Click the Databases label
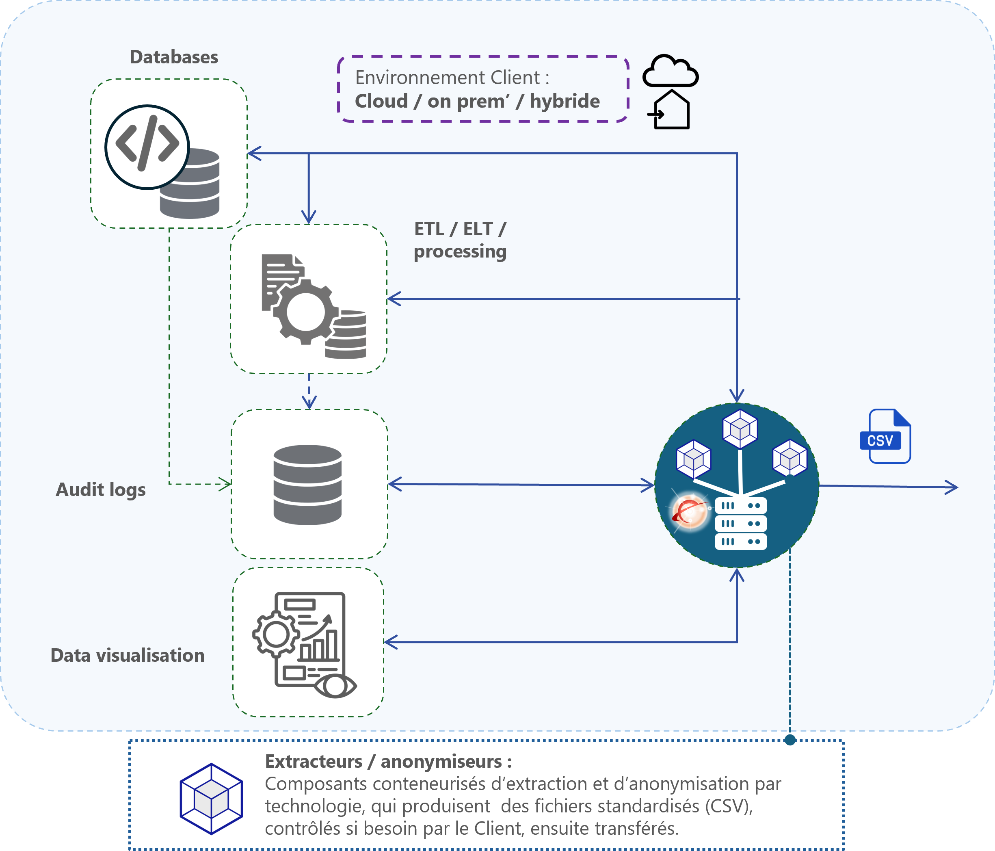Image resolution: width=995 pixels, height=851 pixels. pyautogui.click(x=174, y=57)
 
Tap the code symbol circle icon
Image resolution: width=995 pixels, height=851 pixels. pyautogui.click(x=147, y=147)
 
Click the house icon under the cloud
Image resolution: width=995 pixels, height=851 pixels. pyautogui.click(x=669, y=110)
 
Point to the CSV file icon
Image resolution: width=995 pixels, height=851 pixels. pyautogui.click(x=885, y=436)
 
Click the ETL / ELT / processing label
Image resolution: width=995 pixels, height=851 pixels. pyautogui.click(x=460, y=240)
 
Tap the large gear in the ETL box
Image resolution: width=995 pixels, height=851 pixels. pyautogui.click(x=305, y=311)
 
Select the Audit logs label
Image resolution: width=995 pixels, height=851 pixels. pyautogui.click(x=101, y=490)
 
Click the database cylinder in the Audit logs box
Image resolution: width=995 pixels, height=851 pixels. pyautogui.click(x=307, y=485)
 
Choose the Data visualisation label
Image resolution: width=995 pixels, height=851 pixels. pyautogui.click(x=128, y=655)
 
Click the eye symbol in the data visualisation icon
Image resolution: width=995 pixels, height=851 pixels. pyautogui.click(x=335, y=686)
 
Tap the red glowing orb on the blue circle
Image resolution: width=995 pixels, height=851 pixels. pyautogui.click(x=690, y=511)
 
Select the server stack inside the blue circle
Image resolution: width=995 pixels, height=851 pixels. pyautogui.click(x=740, y=524)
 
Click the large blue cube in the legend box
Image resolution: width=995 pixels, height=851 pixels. pyautogui.click(x=211, y=799)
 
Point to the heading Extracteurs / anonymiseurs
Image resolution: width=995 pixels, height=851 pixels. pyautogui.click(x=389, y=762)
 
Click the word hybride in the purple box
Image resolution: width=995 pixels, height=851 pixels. pyautogui.click(x=565, y=101)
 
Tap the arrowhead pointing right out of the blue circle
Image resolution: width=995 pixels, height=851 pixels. pyautogui.click(x=952, y=487)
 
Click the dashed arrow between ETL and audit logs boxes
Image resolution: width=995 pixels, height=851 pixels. pyautogui.click(x=309, y=391)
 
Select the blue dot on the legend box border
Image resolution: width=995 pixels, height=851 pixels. pyautogui.click(x=790, y=740)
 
